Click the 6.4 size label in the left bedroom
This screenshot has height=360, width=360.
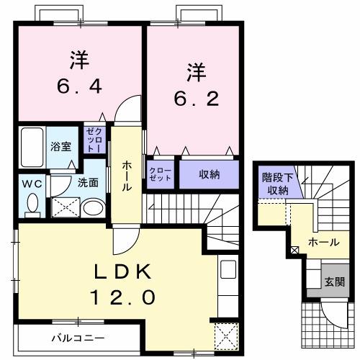coord(80,86)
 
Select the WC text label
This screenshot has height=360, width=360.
coord(32,183)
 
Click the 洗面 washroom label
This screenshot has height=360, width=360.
coord(89,183)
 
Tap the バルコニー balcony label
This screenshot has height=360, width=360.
coord(77,337)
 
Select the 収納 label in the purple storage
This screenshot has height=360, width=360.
coord(209,175)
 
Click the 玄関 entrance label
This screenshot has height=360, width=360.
coord(333,281)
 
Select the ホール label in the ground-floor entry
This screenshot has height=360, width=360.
coord(323,243)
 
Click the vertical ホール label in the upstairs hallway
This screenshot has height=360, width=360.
coord(127,176)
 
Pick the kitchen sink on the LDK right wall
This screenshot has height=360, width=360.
coord(227,272)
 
